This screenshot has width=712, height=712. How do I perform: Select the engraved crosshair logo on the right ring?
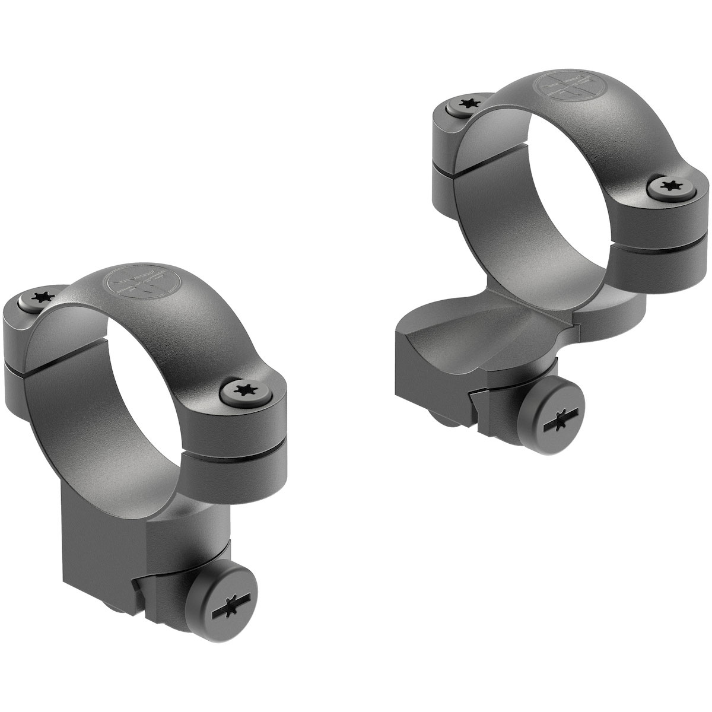tap(559, 87)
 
